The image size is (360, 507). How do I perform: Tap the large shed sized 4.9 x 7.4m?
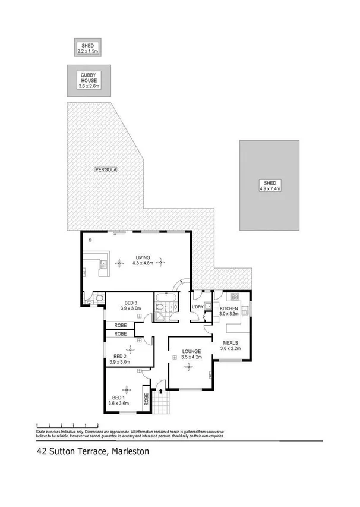pos(269,185)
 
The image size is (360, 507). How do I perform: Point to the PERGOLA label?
pos(106,170)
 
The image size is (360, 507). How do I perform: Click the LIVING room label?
pos(143,257)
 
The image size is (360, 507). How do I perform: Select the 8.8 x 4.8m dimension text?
pos(143,262)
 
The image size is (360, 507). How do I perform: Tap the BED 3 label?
pos(130,303)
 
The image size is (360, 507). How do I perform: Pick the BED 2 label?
pos(121,356)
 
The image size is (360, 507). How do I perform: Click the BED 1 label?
pos(118,397)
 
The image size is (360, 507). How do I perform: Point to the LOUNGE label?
pos(191,351)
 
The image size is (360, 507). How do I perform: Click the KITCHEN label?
pos(229,309)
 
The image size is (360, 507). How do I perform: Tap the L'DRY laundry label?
pos(198,307)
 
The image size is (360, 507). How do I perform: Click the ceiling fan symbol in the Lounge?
pos(189,367)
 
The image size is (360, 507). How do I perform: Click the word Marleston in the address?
pos(128,452)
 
